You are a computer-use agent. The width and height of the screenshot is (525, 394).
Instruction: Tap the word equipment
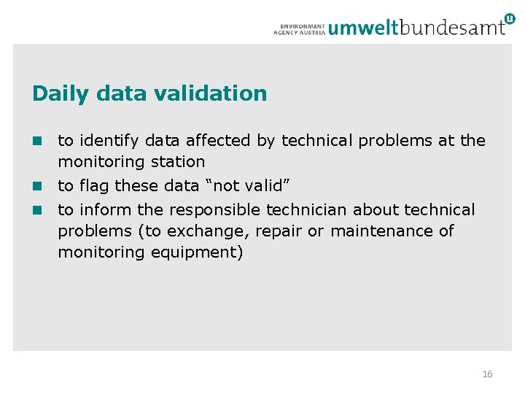tap(197, 253)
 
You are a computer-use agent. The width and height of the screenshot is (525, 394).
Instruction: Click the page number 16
tap(487, 374)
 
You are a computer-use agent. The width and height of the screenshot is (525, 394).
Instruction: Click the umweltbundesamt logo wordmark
tap(416, 28)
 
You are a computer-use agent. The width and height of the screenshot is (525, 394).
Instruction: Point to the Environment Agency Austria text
tap(299, 28)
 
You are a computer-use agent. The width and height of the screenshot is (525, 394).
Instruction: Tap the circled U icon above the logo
tap(508, 19)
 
